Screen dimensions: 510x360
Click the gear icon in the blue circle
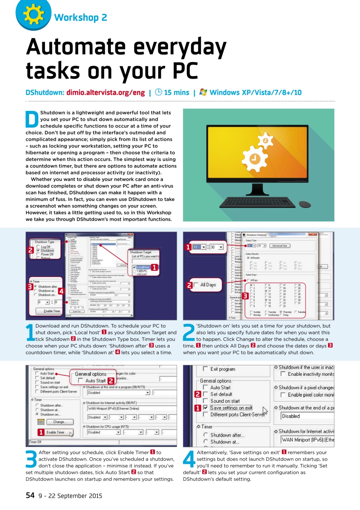pos(29,14)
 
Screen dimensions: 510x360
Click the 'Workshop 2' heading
pos(80,17)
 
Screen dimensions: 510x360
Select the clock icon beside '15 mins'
pos(158,92)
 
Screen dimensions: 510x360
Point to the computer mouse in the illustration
pos(305,204)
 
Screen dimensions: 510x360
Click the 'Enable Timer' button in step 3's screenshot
pos(55,432)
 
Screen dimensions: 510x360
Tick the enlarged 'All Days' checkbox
pos(196,285)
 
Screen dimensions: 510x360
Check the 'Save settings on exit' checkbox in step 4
pos(205,408)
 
